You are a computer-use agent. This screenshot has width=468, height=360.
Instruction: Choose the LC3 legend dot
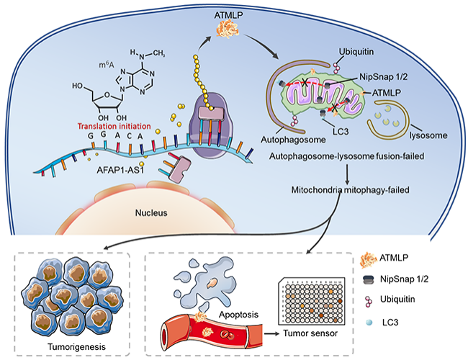[369, 323]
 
